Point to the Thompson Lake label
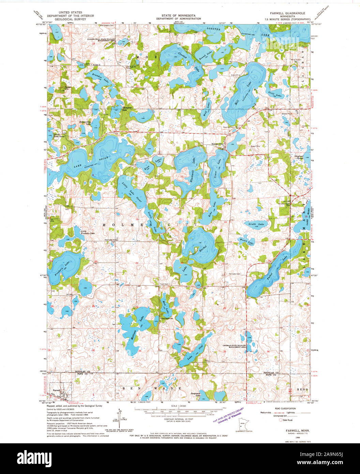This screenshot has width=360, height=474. pyautogui.click(x=127, y=109)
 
